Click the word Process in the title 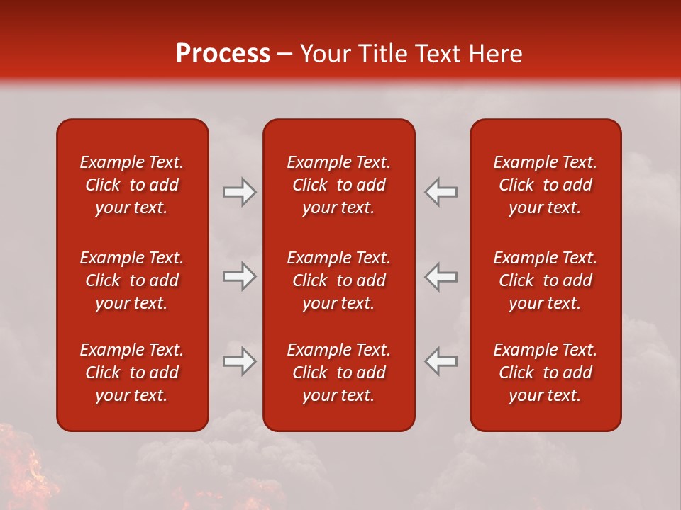click(223, 54)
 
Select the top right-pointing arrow click(239, 192)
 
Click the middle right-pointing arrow click(239, 276)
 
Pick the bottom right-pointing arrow click(239, 361)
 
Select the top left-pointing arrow click(441, 192)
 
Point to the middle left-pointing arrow click(441, 276)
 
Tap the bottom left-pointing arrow click(441, 361)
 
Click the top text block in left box click(132, 185)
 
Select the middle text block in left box click(132, 280)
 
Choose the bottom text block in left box click(132, 373)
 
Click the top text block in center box click(338, 185)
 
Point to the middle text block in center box click(338, 280)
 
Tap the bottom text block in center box click(338, 373)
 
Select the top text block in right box click(545, 185)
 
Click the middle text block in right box click(545, 280)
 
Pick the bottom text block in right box click(545, 373)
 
